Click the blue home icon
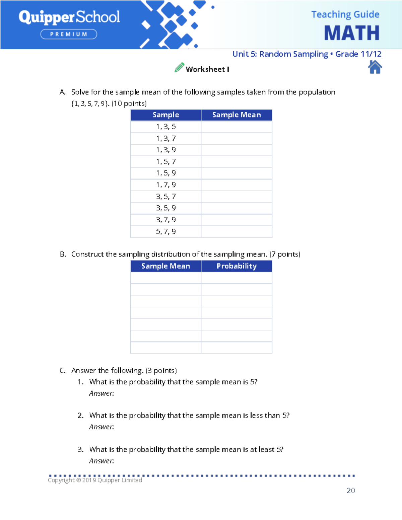pyautogui.click(x=375, y=67)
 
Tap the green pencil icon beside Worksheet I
pyautogui.click(x=179, y=68)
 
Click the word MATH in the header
pyautogui.click(x=351, y=33)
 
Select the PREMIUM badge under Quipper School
pyautogui.click(x=69, y=34)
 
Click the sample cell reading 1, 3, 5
pyautogui.click(x=166, y=127)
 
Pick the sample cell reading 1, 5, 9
pyautogui.click(x=166, y=173)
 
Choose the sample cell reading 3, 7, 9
pyautogui.click(x=166, y=220)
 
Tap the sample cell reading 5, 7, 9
pyautogui.click(x=166, y=232)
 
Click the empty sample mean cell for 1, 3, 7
pyautogui.click(x=237, y=139)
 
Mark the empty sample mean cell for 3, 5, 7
pyautogui.click(x=237, y=197)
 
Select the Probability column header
pyautogui.click(x=237, y=266)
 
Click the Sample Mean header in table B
pyautogui.click(x=165, y=266)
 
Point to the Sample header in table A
pyautogui.click(x=166, y=115)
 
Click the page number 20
pyautogui.click(x=351, y=491)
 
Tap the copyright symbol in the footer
pyautogui.click(x=79, y=480)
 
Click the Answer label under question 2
pyautogui.click(x=102, y=427)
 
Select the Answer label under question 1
pyautogui.click(x=102, y=393)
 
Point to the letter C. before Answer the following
pyautogui.click(x=63, y=371)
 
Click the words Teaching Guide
pyautogui.click(x=345, y=14)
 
